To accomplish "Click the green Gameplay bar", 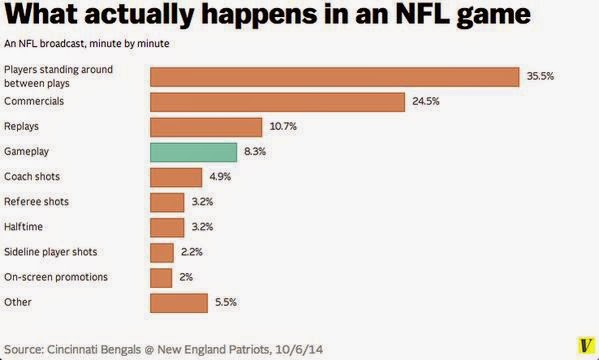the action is (193, 152).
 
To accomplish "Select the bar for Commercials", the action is (277, 102).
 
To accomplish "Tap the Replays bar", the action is (206, 127).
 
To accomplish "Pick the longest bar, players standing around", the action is (335, 77).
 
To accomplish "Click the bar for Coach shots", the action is (176, 177).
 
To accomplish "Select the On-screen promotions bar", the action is (161, 278).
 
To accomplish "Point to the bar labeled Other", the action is (179, 303).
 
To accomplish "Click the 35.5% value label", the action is (540, 76).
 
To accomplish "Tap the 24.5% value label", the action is (426, 101).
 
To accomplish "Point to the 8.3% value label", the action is (255, 151).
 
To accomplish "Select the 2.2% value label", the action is (191, 252).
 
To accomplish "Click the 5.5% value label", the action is (226, 302).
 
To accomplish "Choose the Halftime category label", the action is (23, 227).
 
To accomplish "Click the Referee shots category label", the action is (36, 201).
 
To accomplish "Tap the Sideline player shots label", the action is (50, 252).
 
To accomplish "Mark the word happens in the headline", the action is (259, 16).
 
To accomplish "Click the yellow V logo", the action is (586, 345).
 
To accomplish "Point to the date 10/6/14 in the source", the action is (299, 349).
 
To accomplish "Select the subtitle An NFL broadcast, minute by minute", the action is (87, 44).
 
